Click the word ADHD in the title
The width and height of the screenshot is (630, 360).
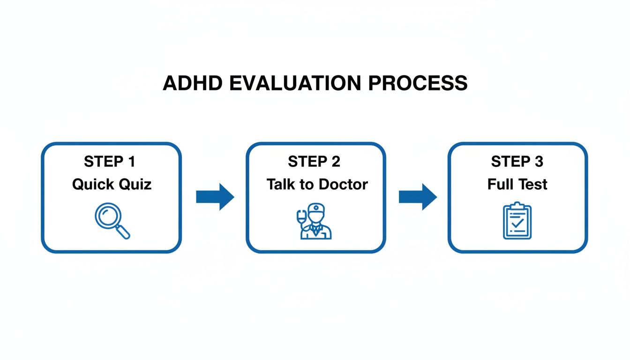coord(193,83)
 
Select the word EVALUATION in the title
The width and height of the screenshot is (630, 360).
coord(295,83)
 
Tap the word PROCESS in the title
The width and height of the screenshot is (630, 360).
coord(418,83)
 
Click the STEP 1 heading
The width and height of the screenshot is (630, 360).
coord(110,161)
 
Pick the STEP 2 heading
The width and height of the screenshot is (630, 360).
coord(314,161)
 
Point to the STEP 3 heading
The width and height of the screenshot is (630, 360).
coord(517,161)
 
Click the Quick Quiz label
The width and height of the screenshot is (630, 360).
coord(112,185)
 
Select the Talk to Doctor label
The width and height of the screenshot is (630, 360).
coord(317,185)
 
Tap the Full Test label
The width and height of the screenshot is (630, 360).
coord(517,185)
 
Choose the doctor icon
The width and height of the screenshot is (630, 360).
coord(315,221)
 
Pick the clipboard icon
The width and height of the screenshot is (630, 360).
coord(517,220)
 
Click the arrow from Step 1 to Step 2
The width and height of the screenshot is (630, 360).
coord(215,197)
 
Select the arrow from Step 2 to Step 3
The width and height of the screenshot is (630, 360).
coord(418,197)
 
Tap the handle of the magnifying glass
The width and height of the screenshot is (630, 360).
coord(123,232)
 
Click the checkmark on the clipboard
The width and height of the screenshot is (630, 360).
coord(517,223)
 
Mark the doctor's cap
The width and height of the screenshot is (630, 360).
coord(316,208)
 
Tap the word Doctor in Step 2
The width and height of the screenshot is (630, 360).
coord(343,185)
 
